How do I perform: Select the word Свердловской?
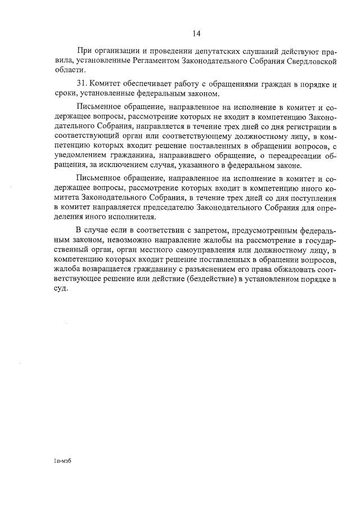click(x=312, y=60)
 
